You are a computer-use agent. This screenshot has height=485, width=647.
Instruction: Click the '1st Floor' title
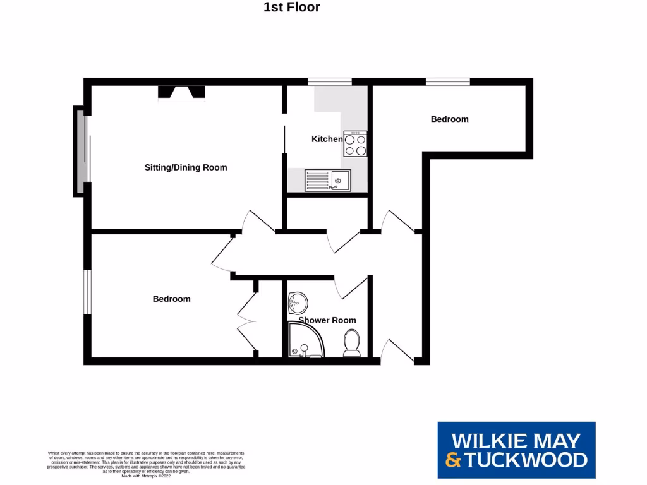(291, 8)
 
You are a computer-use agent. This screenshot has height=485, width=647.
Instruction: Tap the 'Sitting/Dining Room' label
(186, 167)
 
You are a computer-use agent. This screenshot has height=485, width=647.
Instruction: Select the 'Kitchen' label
(327, 139)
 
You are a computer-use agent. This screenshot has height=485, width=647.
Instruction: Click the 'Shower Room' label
(327, 320)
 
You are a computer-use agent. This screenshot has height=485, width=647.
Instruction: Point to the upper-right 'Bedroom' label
(449, 119)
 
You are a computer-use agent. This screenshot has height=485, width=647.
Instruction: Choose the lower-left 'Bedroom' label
(171, 299)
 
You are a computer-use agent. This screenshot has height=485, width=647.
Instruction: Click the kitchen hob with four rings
(355, 143)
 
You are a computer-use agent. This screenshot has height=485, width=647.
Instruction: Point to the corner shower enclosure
(305, 341)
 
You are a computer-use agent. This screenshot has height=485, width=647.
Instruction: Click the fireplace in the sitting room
(181, 93)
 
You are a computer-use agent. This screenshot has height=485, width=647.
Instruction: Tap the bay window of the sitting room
(80, 151)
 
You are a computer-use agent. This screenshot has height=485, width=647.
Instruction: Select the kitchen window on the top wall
(329, 81)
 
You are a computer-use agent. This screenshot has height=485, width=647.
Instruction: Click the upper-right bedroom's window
(447, 81)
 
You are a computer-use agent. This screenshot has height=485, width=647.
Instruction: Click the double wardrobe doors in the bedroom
(248, 321)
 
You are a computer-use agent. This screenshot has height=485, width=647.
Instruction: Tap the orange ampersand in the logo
(452, 460)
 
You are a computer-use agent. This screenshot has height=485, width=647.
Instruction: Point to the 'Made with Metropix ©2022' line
(145, 476)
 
